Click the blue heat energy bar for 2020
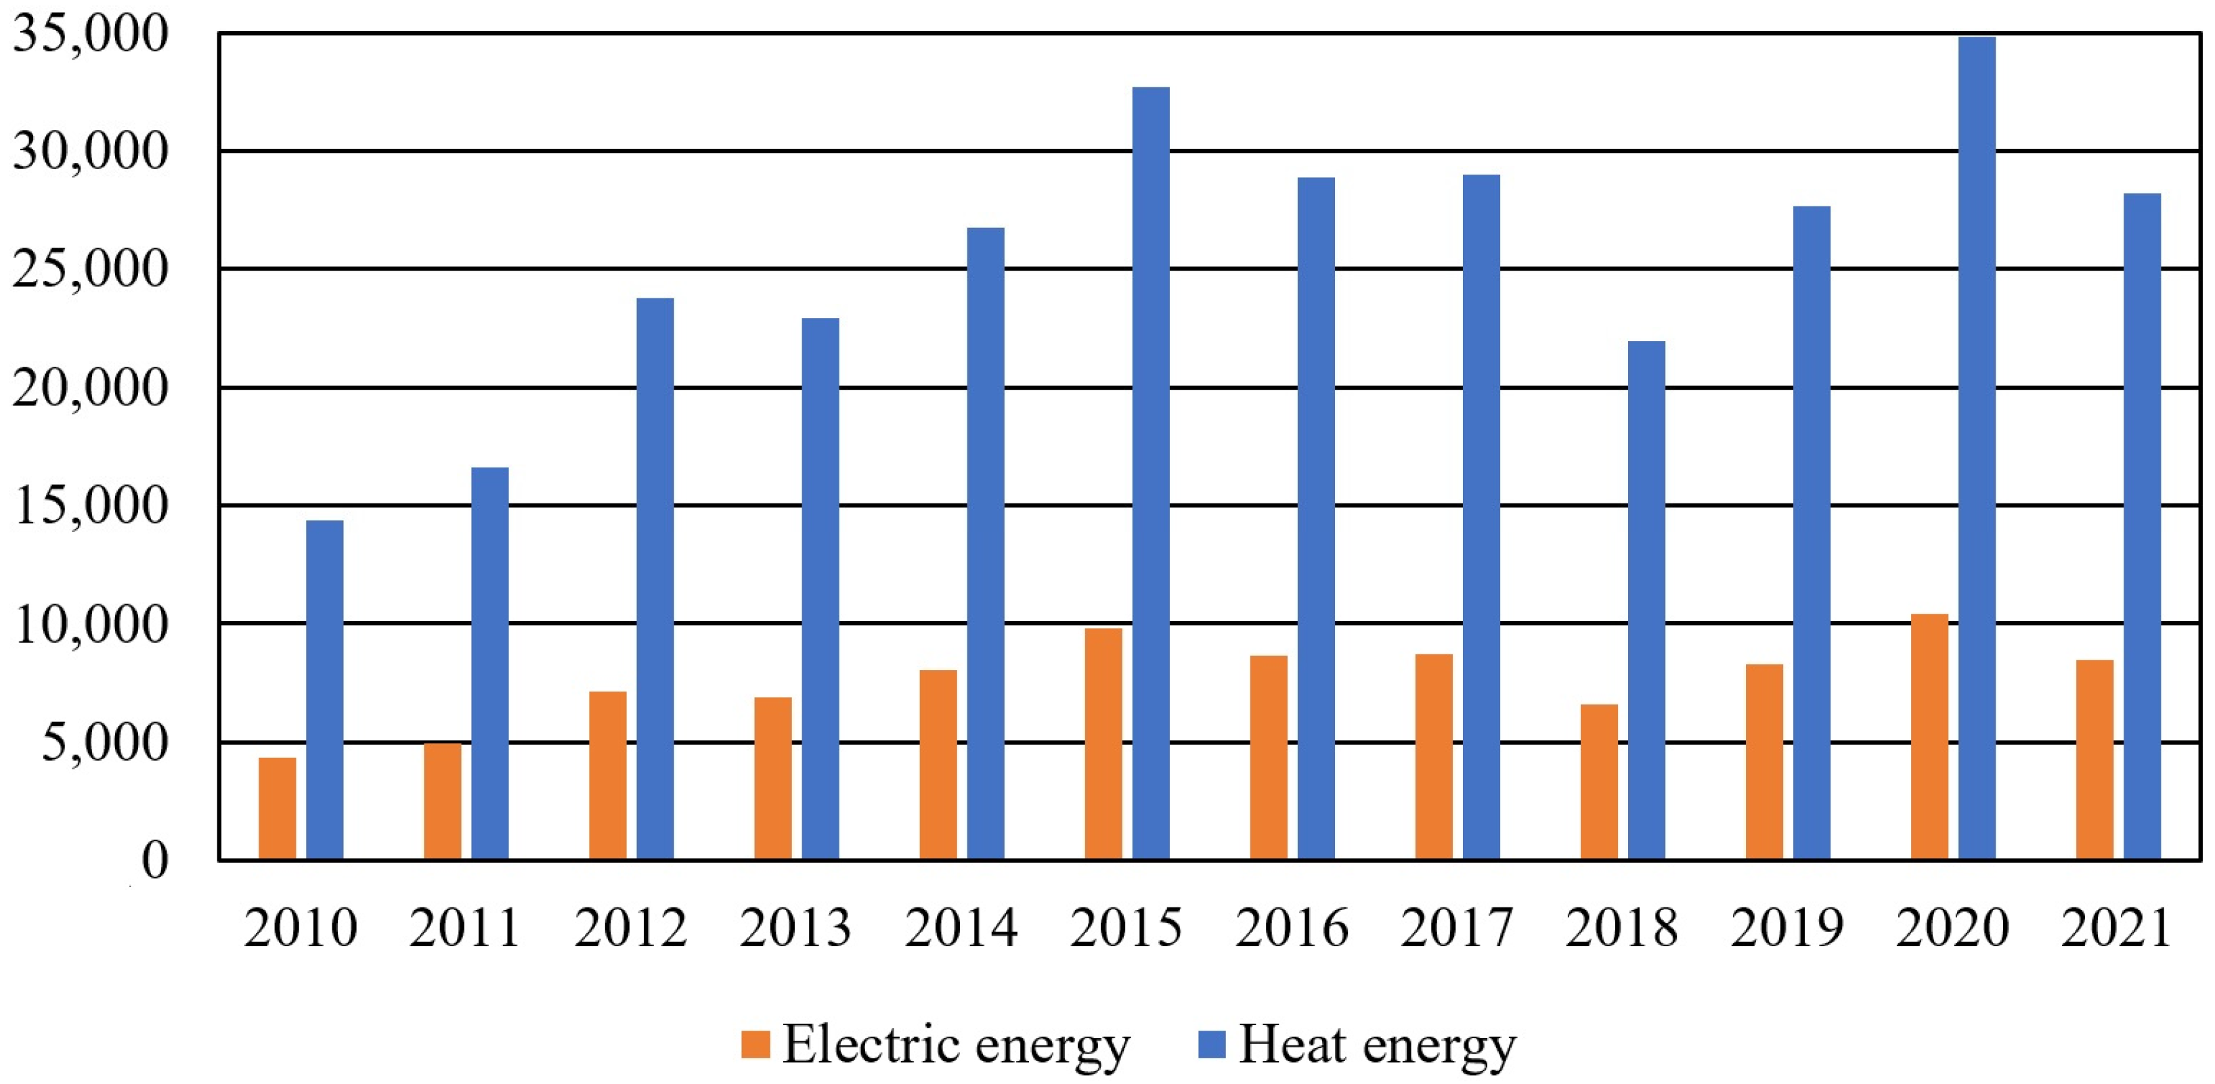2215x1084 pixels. coord(1977,447)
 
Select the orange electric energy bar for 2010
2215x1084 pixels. coord(277,808)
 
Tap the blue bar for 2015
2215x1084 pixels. coord(1151,473)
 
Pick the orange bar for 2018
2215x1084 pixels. coord(1598,782)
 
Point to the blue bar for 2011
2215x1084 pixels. coord(490,662)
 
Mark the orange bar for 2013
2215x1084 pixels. coord(773,778)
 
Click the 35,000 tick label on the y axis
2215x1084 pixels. coord(89,35)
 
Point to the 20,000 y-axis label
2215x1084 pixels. coord(89,388)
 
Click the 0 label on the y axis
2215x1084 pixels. coord(155,859)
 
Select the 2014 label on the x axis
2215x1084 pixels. coord(961,928)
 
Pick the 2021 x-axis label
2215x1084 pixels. coord(2116,928)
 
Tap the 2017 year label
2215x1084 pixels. coord(1455,928)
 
